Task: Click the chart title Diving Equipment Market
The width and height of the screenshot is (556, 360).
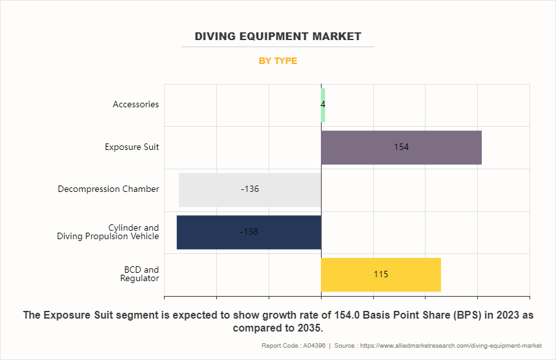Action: (x=278, y=36)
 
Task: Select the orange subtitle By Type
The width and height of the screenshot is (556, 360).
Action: (x=278, y=61)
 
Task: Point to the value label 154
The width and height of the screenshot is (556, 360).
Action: (x=401, y=147)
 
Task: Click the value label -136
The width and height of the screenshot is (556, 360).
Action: (x=250, y=189)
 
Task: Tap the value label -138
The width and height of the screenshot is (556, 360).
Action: (x=249, y=231)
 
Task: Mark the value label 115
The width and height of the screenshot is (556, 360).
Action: (x=381, y=275)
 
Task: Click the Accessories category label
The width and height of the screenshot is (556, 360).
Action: (x=136, y=105)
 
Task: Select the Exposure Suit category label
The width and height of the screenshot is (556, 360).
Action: (x=132, y=147)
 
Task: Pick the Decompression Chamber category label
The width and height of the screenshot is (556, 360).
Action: (x=108, y=189)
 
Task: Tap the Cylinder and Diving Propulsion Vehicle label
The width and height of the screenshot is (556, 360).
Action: (x=108, y=232)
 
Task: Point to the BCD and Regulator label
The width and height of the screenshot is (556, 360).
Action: (x=141, y=274)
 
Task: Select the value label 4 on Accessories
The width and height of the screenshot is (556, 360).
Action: (x=322, y=104)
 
